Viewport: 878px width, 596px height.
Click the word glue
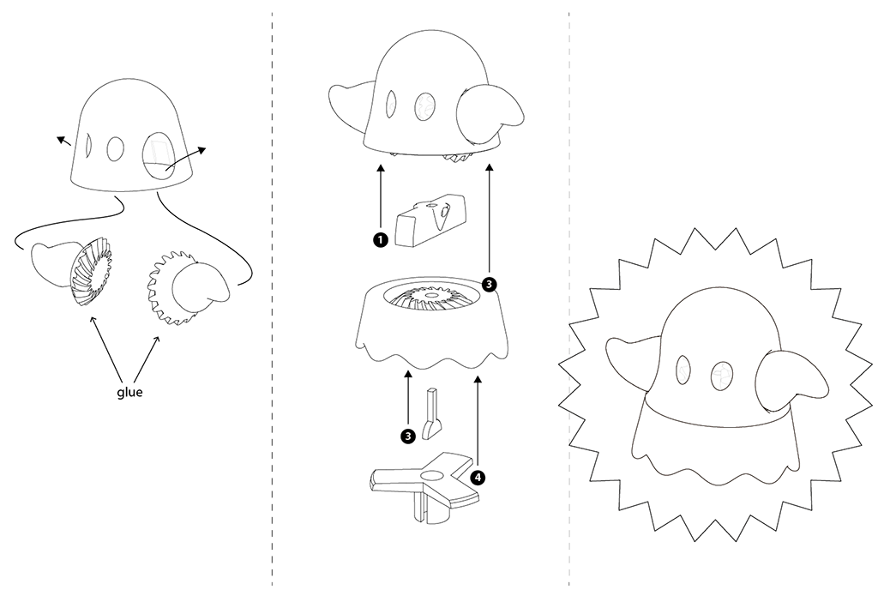point(129,393)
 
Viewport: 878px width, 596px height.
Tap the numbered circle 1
point(380,240)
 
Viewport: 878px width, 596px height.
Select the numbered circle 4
point(477,478)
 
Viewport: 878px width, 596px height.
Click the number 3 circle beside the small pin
point(408,436)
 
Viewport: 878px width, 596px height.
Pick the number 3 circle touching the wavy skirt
point(489,285)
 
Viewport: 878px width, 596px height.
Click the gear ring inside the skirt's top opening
point(432,297)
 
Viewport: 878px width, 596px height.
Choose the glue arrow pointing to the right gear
point(147,359)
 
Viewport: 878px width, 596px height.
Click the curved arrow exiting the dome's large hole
point(185,158)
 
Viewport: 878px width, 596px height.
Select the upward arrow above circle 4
point(478,422)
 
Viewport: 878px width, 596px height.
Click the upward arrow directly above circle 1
point(381,198)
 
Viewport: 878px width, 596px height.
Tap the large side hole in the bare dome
point(159,155)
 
